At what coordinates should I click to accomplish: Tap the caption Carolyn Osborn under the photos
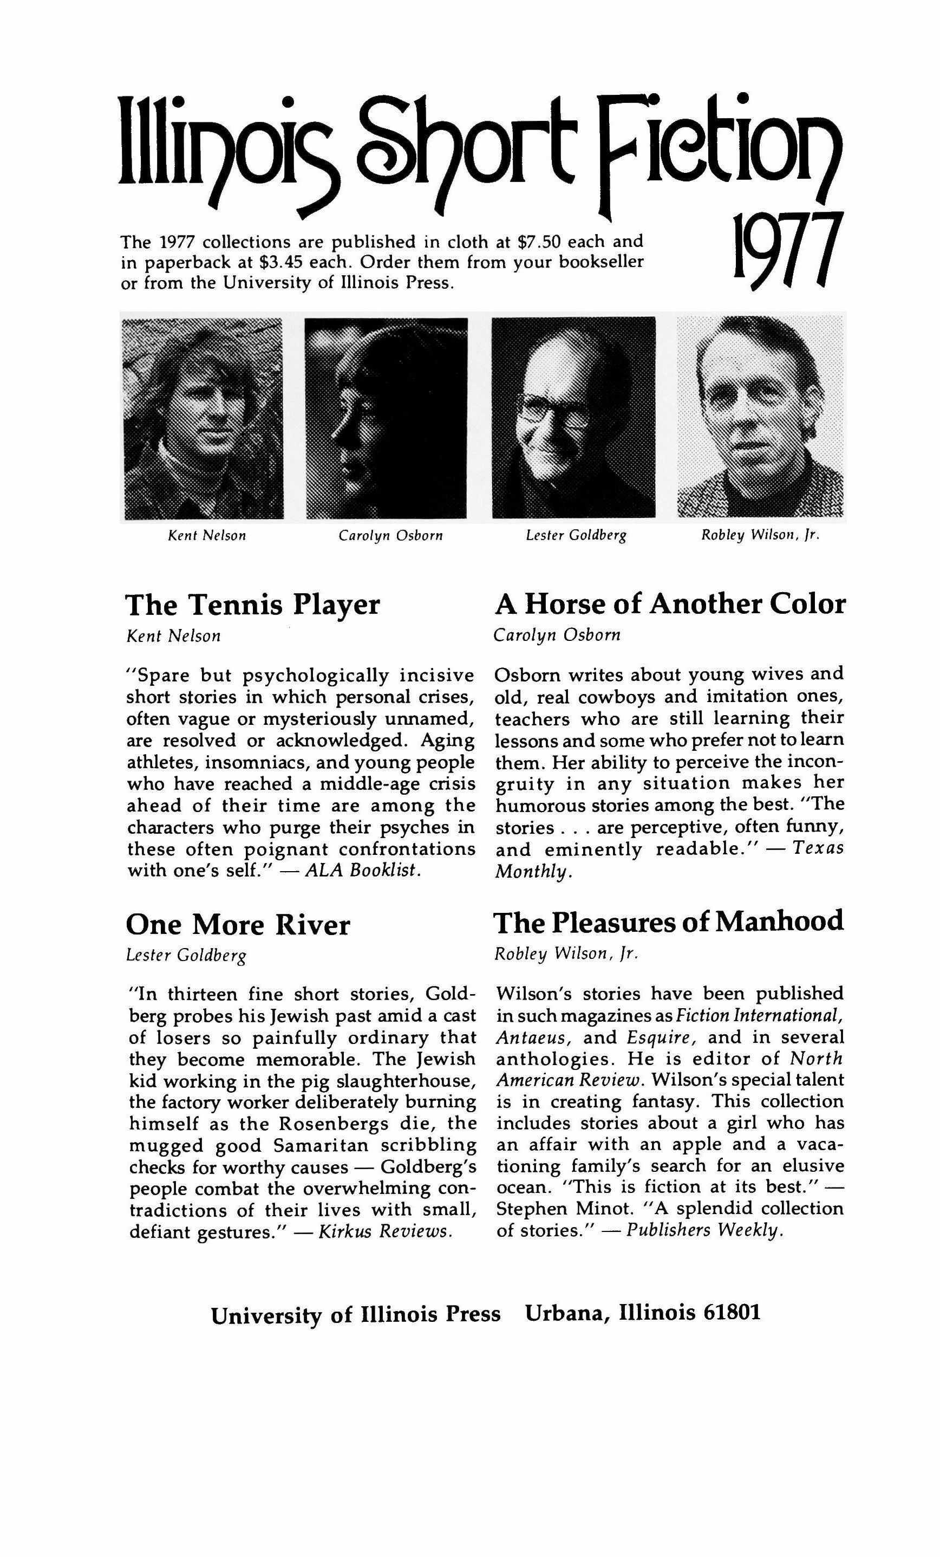point(390,536)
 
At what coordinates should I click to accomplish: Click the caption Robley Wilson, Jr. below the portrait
point(760,536)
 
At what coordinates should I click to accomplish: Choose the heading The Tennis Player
point(253,605)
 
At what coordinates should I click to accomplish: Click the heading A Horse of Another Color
point(670,604)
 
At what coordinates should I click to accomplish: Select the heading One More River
point(238,925)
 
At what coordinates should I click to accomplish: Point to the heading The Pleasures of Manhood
point(668,922)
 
